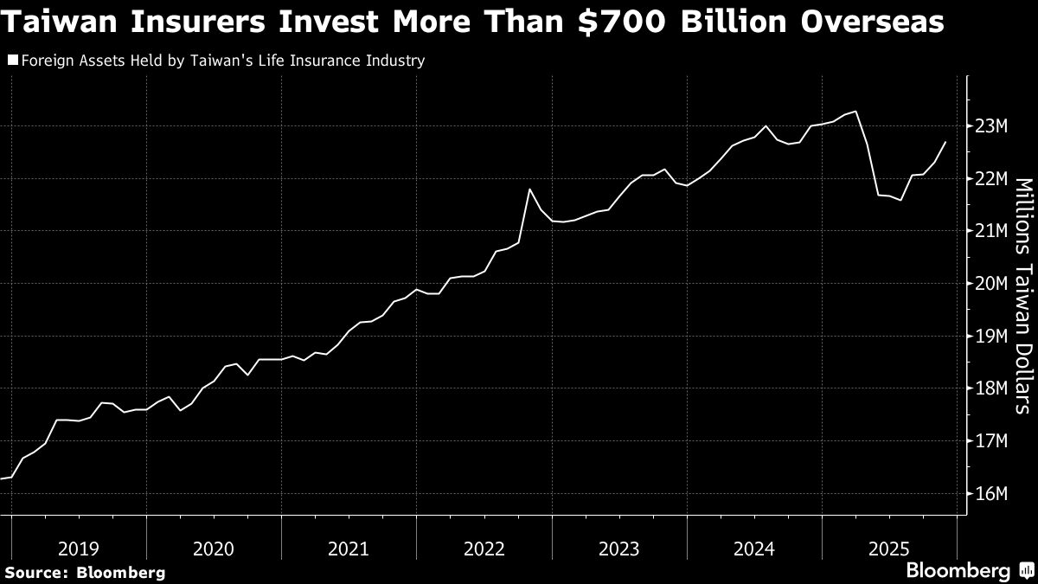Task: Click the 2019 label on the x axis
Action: pyautogui.click(x=79, y=549)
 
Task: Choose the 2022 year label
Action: pyautogui.click(x=484, y=549)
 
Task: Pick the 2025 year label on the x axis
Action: pyautogui.click(x=889, y=549)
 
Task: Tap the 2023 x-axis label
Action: pyautogui.click(x=619, y=549)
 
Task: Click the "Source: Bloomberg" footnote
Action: pyautogui.click(x=85, y=573)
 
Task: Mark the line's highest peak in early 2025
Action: pyautogui.click(x=855, y=111)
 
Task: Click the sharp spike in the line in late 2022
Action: pyautogui.click(x=529, y=189)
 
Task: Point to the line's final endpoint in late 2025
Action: pyautogui.click(x=945, y=142)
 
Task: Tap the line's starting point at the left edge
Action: pyautogui.click(x=2, y=478)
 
